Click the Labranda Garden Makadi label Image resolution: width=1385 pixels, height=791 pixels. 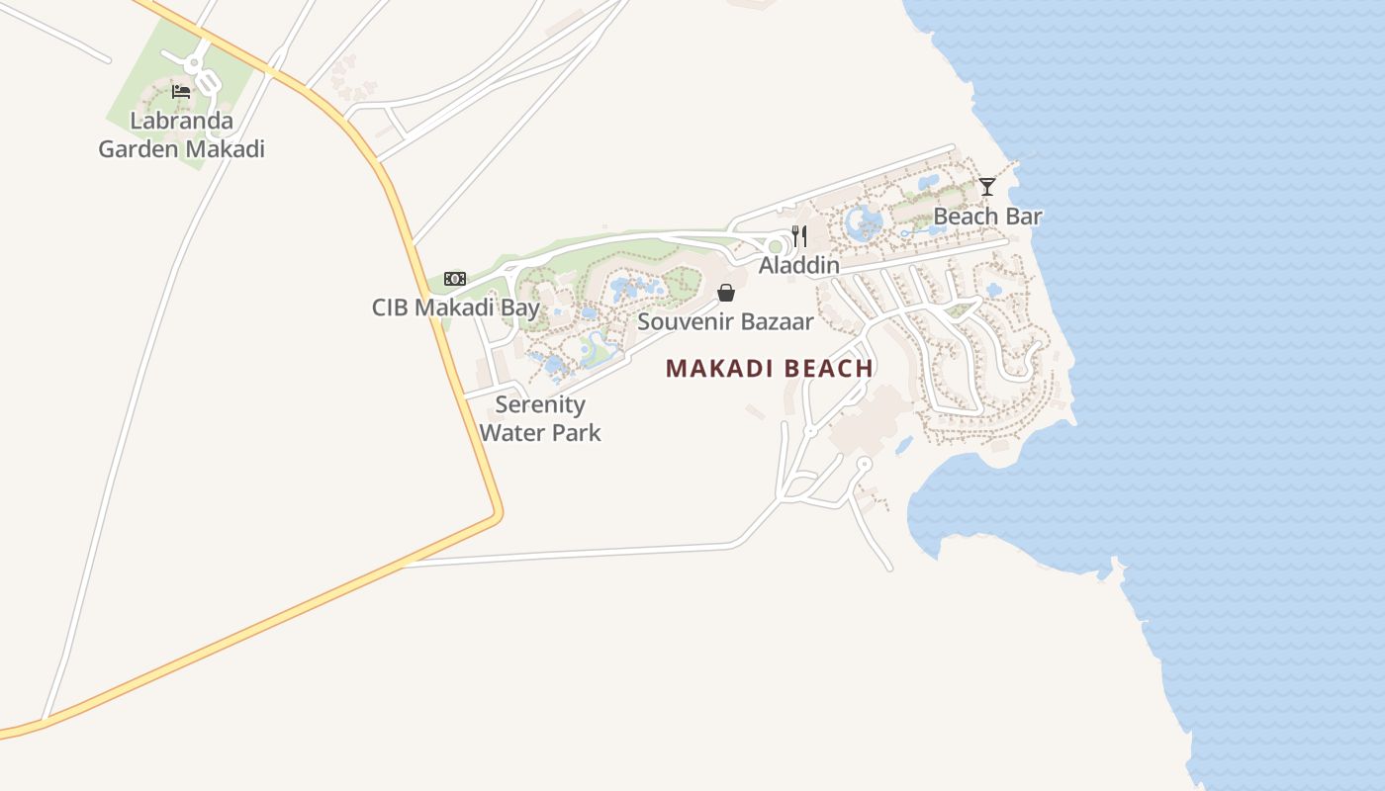pos(181,135)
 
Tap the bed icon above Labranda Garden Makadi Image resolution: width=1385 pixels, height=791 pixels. pos(181,92)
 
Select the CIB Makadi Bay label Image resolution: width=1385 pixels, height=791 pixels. pos(455,308)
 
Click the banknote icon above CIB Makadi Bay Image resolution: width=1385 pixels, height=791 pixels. pos(455,279)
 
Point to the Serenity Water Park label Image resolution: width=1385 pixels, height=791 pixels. pos(540,418)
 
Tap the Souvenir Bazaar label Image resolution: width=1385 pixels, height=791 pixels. pos(725,321)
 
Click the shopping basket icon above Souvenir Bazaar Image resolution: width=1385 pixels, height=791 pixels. pos(726,293)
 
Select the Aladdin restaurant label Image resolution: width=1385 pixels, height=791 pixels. pos(798,265)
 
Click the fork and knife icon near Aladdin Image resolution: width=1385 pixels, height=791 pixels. pos(799,236)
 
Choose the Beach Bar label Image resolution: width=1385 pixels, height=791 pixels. pos(987,216)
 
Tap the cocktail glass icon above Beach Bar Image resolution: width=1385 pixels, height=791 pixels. pos(987,187)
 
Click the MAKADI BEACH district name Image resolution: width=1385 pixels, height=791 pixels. pos(769,369)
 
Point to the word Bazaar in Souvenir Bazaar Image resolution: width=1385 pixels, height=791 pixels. pos(779,321)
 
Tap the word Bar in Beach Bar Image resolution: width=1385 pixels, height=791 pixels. pos(1024,216)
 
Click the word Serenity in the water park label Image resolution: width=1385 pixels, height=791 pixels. pos(540,404)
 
